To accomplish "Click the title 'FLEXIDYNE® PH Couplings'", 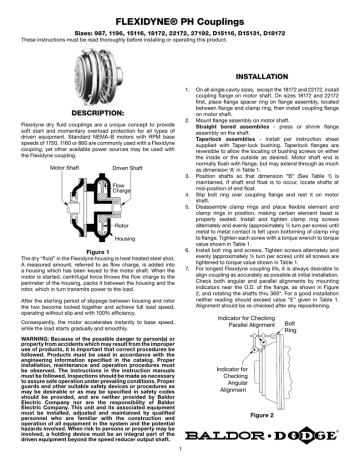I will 180,10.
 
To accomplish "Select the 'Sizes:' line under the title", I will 180,23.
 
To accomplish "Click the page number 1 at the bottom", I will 180,457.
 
